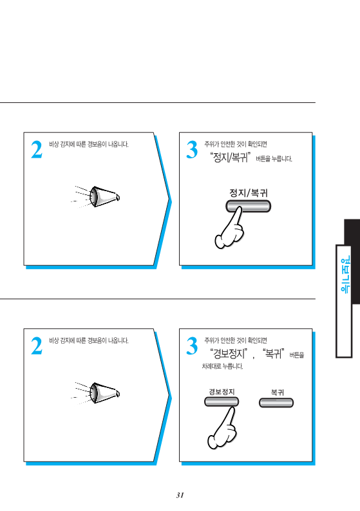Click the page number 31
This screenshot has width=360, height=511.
click(180, 495)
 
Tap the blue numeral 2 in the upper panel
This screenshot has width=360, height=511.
click(37, 149)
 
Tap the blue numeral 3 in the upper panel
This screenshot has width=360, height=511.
click(192, 149)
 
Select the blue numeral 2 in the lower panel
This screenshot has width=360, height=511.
click(37, 346)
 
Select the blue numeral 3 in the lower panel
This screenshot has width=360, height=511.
click(192, 346)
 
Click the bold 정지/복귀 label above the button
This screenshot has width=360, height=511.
click(249, 193)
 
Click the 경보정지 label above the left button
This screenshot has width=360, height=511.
click(222, 392)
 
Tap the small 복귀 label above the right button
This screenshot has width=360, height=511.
click(277, 393)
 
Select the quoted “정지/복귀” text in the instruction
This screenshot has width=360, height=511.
click(231, 158)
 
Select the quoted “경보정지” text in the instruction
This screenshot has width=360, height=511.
click(228, 353)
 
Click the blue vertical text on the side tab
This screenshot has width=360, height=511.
click(345, 274)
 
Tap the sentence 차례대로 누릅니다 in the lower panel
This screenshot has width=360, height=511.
click(222, 366)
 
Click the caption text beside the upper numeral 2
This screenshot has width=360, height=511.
click(89, 144)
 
